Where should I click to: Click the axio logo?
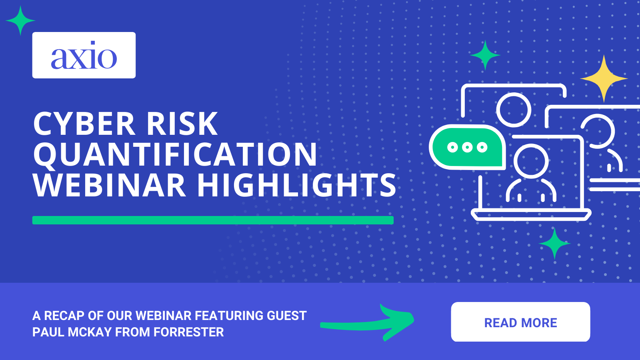tap(84, 55)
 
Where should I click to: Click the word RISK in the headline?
tap(182, 124)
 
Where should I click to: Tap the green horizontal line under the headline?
tap(213, 220)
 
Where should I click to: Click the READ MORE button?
tap(520, 322)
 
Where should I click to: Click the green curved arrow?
tap(368, 322)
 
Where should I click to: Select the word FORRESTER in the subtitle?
tap(188, 332)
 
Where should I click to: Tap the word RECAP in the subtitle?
tap(64, 316)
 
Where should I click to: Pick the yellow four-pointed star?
tap(604, 78)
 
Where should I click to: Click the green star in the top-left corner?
tap(20, 20)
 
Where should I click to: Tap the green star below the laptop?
tap(554, 243)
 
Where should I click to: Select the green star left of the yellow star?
tap(485, 55)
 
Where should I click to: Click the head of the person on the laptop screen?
tap(531, 161)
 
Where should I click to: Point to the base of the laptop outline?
tap(531, 215)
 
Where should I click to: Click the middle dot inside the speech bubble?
tap(467, 147)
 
